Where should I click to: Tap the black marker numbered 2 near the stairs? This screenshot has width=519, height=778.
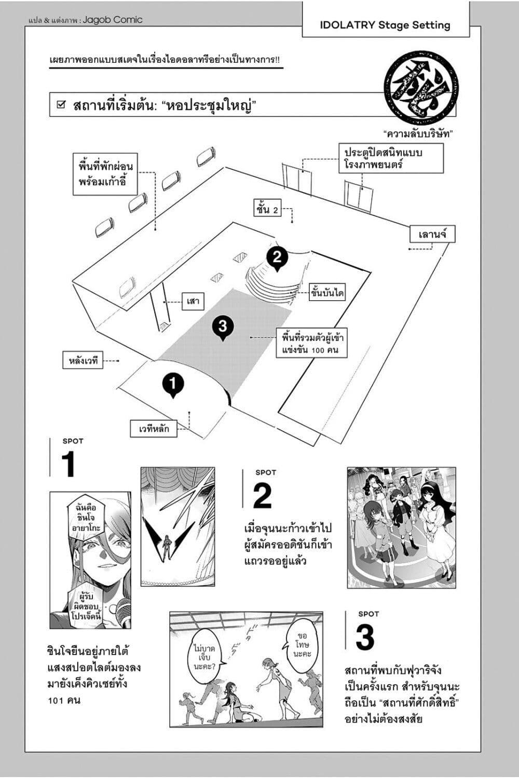click(277, 257)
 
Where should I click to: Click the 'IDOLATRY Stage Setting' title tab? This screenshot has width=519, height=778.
click(385, 25)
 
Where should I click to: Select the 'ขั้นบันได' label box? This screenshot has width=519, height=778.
click(327, 293)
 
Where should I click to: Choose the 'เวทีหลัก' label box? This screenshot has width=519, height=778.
click(154, 429)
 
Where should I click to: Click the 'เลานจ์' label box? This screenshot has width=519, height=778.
click(432, 234)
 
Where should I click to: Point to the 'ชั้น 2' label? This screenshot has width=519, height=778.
click(267, 209)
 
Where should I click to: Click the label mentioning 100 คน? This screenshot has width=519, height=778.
click(310, 344)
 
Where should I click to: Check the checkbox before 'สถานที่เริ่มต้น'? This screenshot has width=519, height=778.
click(61, 105)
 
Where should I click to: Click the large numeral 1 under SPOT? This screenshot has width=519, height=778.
click(69, 465)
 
